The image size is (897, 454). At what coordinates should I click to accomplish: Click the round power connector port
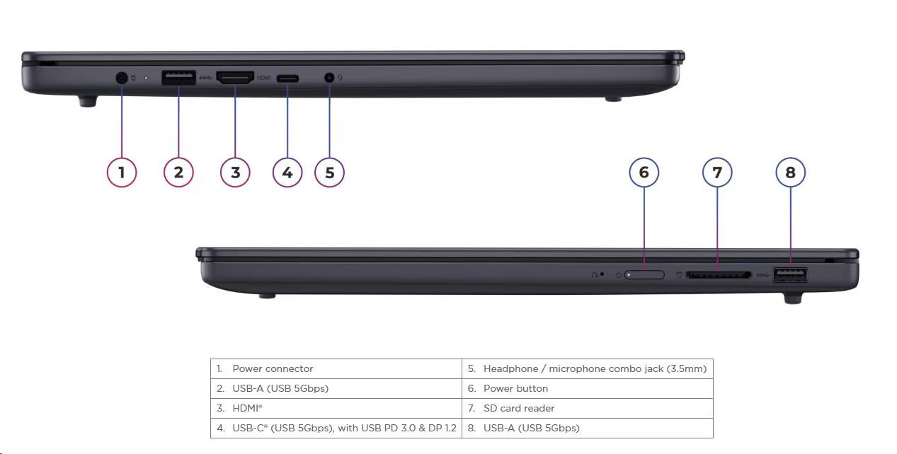[x=121, y=78]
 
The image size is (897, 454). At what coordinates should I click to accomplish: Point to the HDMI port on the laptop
[x=235, y=77]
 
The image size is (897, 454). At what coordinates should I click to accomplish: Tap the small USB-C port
[x=287, y=78]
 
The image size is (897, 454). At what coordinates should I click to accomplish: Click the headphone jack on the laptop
[x=329, y=77]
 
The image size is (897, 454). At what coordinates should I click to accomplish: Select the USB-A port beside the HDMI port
[x=178, y=78]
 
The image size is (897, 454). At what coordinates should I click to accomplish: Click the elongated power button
[x=644, y=275]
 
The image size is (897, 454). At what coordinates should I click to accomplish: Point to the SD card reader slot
[x=719, y=275]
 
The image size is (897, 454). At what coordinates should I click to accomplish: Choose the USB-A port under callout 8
[x=789, y=275]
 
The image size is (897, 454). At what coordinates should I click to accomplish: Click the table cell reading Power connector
[x=336, y=369]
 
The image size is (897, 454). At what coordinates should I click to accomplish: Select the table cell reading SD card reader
[x=588, y=408]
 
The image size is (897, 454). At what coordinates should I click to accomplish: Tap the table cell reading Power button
[x=588, y=388]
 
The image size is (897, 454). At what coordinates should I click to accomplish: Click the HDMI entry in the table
[x=336, y=408]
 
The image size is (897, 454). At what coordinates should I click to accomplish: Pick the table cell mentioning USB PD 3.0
[x=336, y=428]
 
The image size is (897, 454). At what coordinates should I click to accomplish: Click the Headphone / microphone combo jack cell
[x=588, y=369]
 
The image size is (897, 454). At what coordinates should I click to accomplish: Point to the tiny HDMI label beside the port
[x=263, y=78]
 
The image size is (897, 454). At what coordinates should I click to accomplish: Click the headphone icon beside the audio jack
[x=340, y=77]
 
